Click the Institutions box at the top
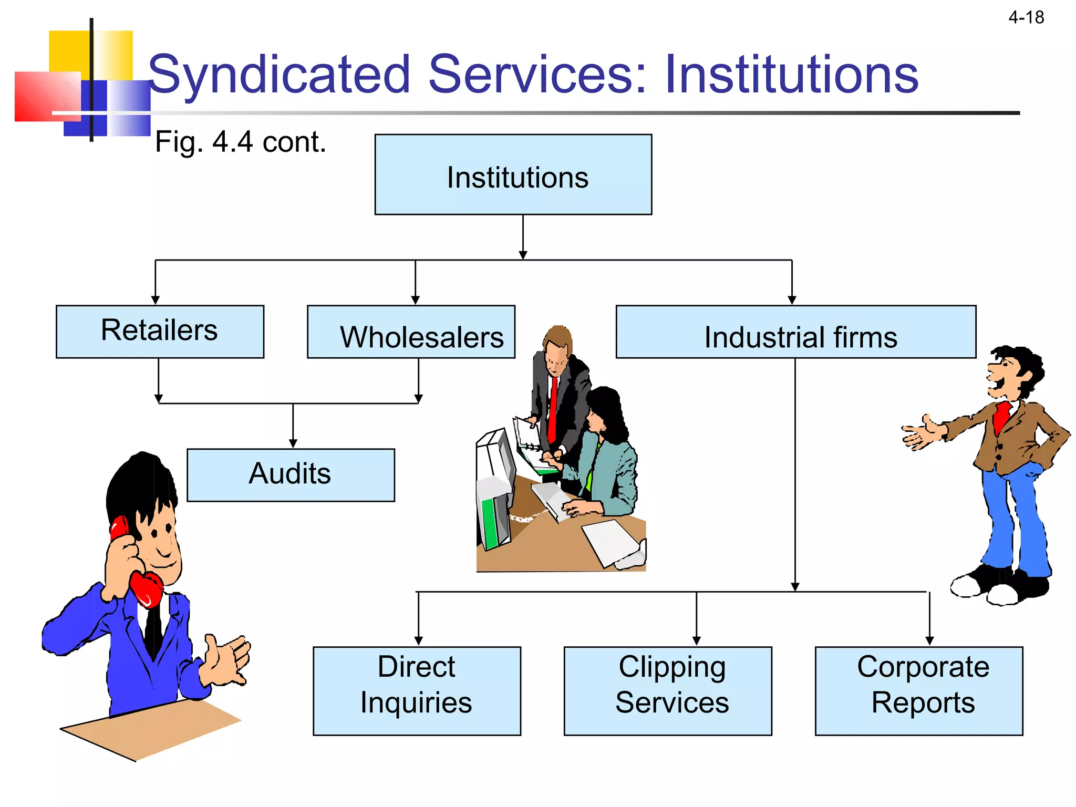click(x=513, y=174)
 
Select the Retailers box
click(x=160, y=332)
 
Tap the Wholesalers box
click(x=411, y=332)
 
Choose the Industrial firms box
click(x=795, y=332)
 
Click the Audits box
click(x=291, y=475)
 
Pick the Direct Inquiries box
click(x=417, y=690)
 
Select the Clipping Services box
click(x=667, y=690)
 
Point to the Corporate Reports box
click(x=918, y=690)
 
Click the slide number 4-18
click(x=1026, y=18)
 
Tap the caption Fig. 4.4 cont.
click(x=241, y=142)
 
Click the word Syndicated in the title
click(x=278, y=75)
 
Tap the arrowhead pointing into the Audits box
click(x=293, y=443)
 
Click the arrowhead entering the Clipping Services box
click(x=697, y=641)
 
